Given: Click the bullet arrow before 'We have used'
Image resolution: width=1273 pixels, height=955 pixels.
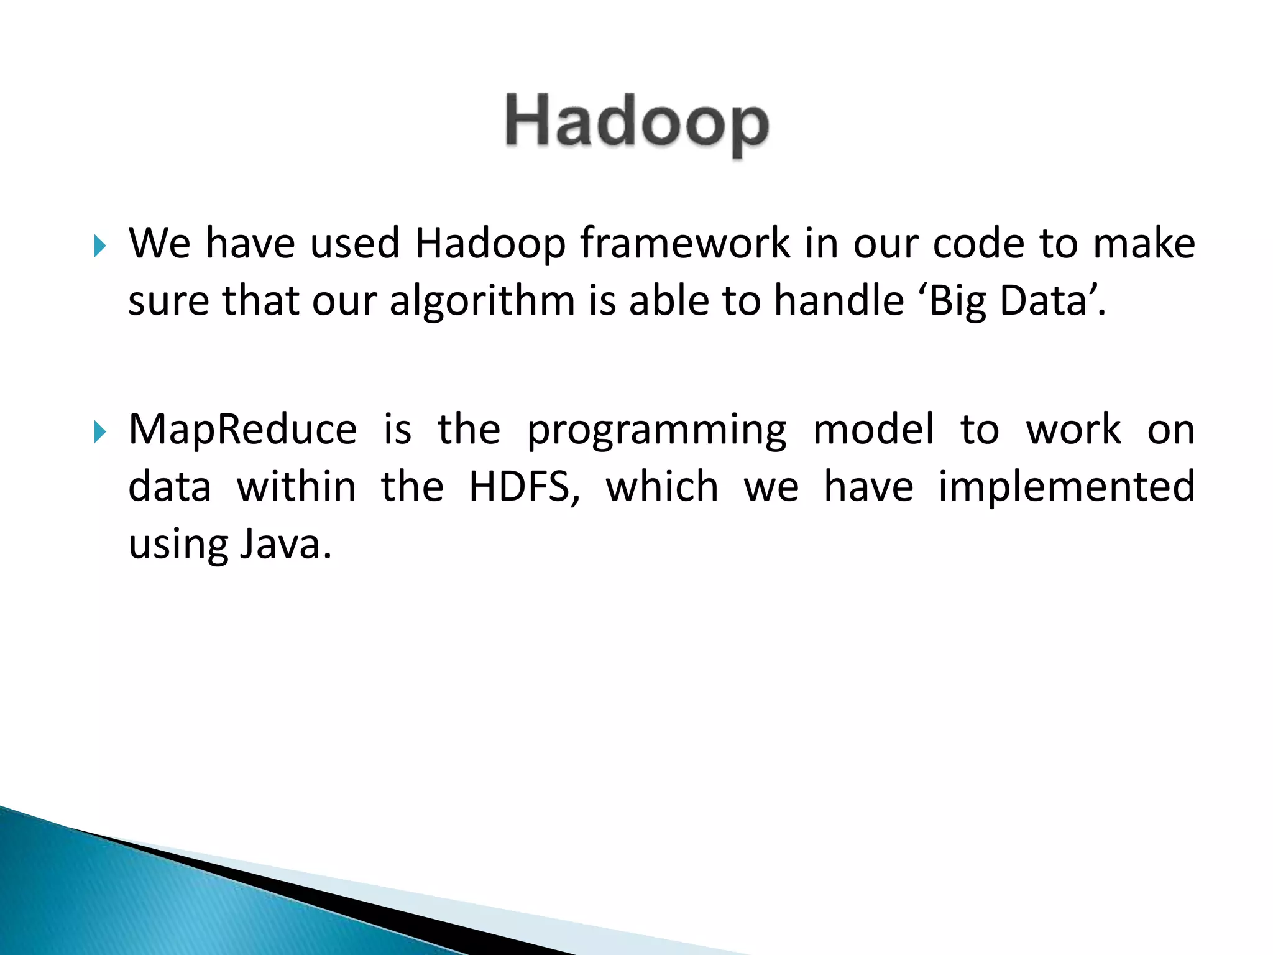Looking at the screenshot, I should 99,246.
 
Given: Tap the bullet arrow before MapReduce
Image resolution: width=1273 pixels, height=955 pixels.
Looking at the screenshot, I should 99,431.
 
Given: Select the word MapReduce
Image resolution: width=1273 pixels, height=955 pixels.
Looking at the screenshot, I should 242,430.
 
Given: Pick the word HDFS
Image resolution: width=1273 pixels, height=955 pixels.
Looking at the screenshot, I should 523,487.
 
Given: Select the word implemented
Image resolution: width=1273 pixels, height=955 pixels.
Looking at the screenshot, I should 1066,487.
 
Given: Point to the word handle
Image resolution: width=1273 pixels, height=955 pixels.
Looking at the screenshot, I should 839,301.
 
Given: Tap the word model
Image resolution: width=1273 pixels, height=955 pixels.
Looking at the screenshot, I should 873,430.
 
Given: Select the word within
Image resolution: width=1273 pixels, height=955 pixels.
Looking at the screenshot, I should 296,487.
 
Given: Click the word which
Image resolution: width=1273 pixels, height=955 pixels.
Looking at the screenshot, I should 662,487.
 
